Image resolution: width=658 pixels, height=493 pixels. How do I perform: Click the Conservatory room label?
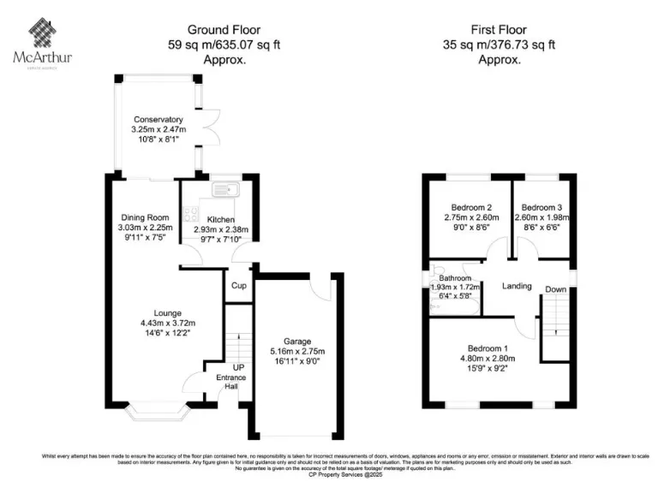157,120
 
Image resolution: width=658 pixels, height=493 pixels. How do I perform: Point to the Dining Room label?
145,218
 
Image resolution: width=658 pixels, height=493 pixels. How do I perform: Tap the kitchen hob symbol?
189,217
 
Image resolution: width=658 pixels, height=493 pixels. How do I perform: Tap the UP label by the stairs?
226,368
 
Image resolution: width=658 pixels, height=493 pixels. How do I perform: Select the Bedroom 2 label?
470,207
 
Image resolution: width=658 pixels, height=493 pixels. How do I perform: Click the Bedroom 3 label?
541,207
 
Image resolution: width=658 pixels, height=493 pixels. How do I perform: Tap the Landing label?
517,286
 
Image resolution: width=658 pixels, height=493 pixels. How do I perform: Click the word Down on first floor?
556,289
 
